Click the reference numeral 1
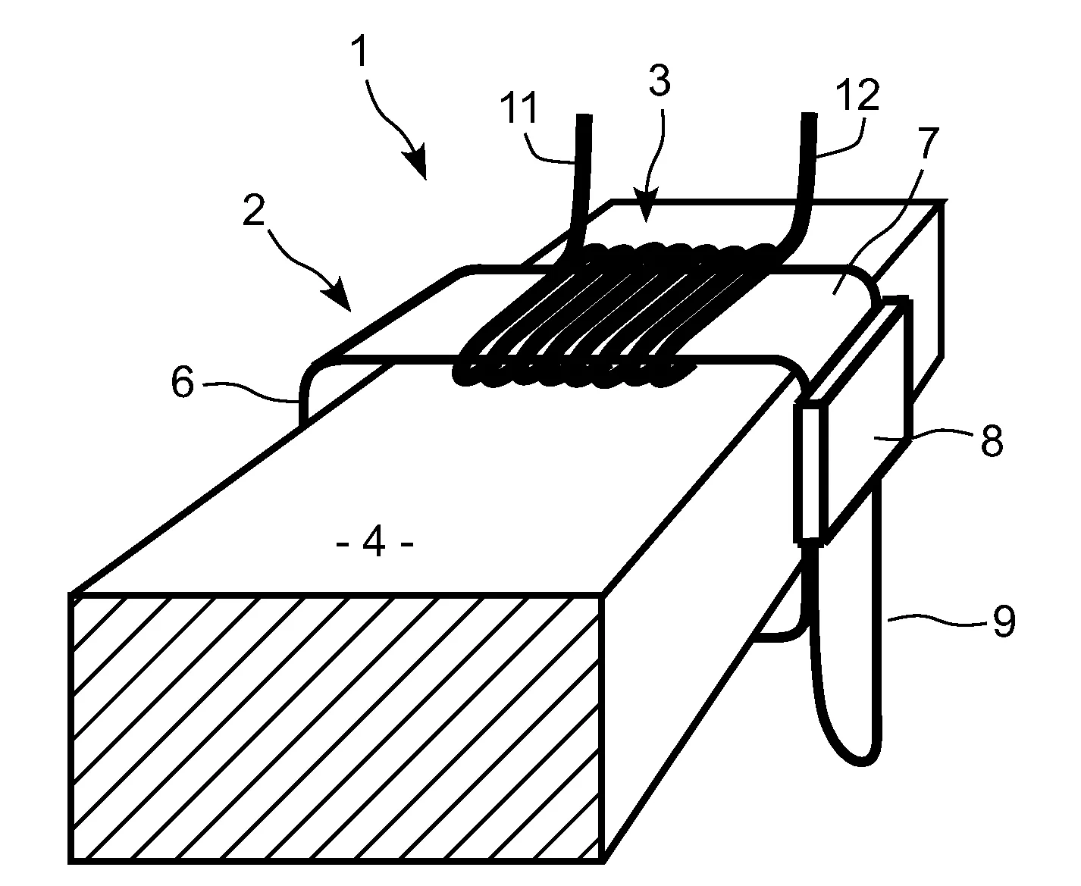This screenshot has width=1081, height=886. point(361,52)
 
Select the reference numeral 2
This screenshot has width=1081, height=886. point(254,210)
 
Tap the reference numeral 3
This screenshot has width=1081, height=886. point(660,80)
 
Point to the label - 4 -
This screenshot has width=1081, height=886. point(374,543)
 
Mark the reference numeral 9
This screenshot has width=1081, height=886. point(1004,621)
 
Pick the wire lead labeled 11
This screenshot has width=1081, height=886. point(578,184)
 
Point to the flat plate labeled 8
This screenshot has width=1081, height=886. point(861,420)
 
